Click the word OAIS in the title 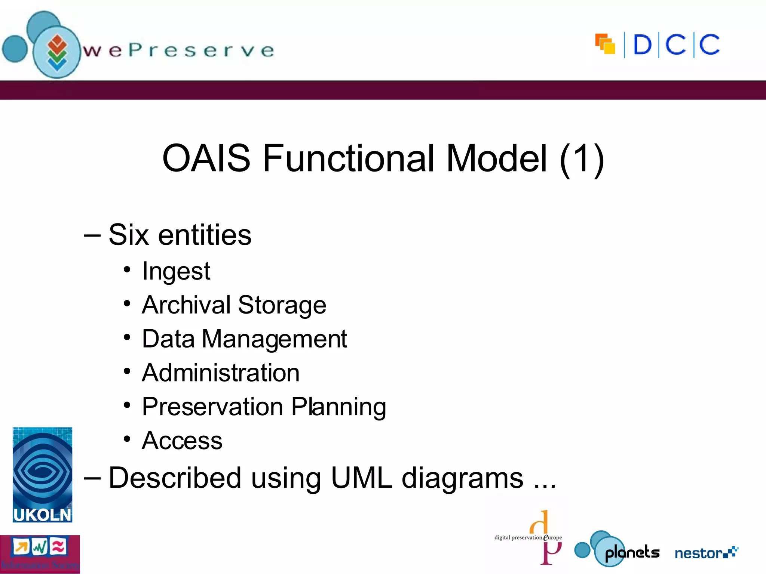click(x=206, y=158)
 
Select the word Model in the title click(x=497, y=158)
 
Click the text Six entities click(x=180, y=235)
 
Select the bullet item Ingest click(x=176, y=271)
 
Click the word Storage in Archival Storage click(x=282, y=305)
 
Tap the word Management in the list click(x=275, y=339)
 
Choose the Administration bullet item click(x=221, y=373)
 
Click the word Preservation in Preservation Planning click(x=212, y=407)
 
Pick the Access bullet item click(x=182, y=441)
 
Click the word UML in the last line click(x=362, y=478)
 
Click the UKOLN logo click(x=42, y=475)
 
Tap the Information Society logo click(x=40, y=554)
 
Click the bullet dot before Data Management click(x=127, y=337)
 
